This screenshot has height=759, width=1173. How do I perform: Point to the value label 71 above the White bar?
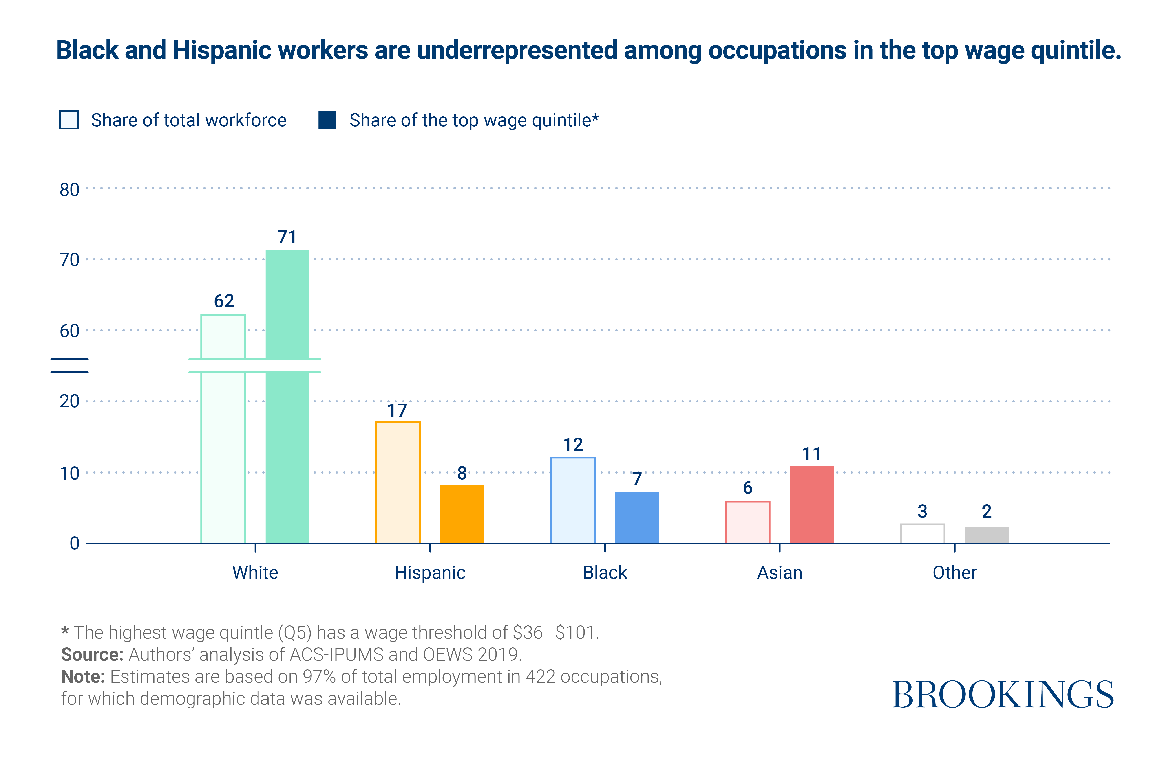pyautogui.click(x=287, y=237)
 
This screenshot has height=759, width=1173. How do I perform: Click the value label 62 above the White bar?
pyautogui.click(x=224, y=301)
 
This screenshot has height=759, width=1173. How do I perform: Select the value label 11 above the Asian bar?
pyautogui.click(x=811, y=454)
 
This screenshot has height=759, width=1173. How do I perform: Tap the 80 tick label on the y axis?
pyautogui.click(x=69, y=190)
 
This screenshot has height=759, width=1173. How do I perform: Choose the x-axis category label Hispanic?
pyautogui.click(x=430, y=573)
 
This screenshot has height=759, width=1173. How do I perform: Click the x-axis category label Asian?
pyautogui.click(x=780, y=573)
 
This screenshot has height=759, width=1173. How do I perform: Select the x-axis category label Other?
pyautogui.click(x=954, y=573)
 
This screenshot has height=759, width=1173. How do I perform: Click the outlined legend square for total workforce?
pyautogui.click(x=69, y=120)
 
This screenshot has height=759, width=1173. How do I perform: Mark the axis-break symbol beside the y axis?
pyautogui.click(x=69, y=366)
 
